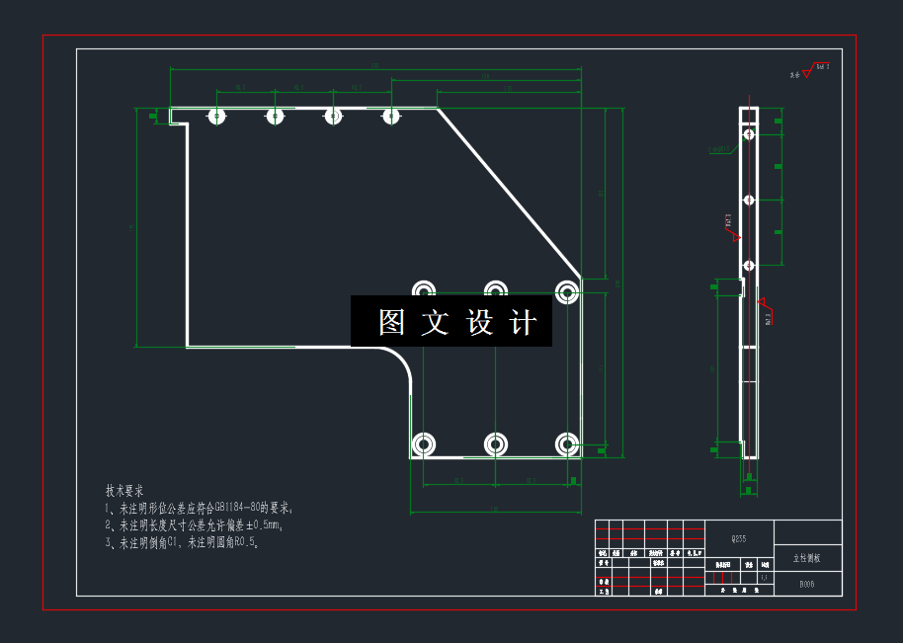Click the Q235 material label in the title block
pyautogui.click(x=738, y=539)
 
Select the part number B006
pyautogui.click(x=807, y=584)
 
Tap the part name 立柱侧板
pyautogui.click(x=807, y=558)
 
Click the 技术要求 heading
pyautogui.click(x=124, y=490)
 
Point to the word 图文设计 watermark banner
pyautogui.click(x=451, y=322)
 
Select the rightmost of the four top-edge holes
pyautogui.click(x=391, y=117)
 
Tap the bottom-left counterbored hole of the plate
pyautogui.click(x=423, y=444)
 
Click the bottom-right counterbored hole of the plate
pyautogui.click(x=567, y=444)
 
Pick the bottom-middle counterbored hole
pyautogui.click(x=495, y=444)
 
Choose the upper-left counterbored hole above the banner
pyautogui.click(x=423, y=290)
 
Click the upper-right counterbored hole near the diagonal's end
pyautogui.click(x=567, y=291)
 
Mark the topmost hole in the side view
pyautogui.click(x=749, y=133)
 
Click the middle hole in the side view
pyautogui.click(x=749, y=200)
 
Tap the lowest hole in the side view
pyautogui.click(x=749, y=265)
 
